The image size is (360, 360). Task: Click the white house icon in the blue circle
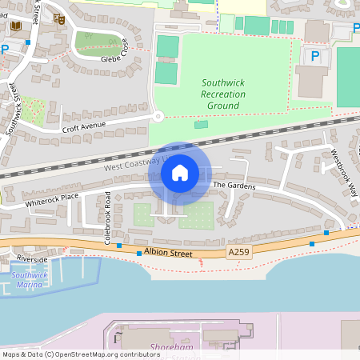click(x=180, y=173)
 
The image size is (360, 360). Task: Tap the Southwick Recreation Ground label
click(x=223, y=94)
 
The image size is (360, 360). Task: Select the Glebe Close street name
click(x=115, y=59)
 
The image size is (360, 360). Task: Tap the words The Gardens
click(x=234, y=186)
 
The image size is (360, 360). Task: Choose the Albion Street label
click(x=170, y=254)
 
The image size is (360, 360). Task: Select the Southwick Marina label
click(x=30, y=279)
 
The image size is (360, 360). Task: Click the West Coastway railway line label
click(x=128, y=166)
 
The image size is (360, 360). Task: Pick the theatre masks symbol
click(x=58, y=18)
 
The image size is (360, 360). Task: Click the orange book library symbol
click(x=15, y=27)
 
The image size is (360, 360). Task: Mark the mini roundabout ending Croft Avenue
click(x=158, y=117)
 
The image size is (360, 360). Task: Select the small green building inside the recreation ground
click(x=200, y=124)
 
